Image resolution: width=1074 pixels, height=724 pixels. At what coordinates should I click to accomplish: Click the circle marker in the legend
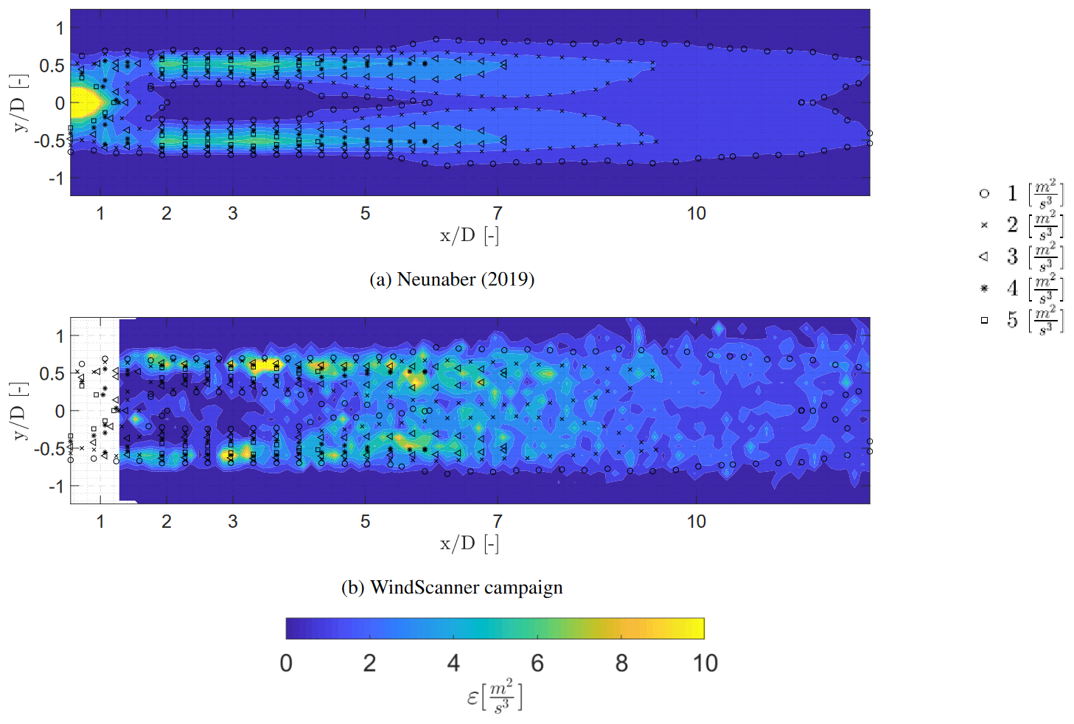click(x=984, y=193)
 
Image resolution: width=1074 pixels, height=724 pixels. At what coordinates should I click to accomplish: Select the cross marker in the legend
click(x=984, y=225)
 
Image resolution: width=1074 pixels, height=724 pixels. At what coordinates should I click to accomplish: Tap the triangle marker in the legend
click(x=984, y=257)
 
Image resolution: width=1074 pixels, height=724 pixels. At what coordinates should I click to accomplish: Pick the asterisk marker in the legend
click(x=984, y=288)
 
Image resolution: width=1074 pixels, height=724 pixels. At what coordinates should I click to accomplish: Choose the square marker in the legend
click(x=984, y=320)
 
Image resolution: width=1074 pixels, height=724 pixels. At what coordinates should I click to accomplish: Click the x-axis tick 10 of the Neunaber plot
click(x=697, y=214)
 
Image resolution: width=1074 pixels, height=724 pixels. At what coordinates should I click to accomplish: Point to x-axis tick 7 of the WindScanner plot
click(x=498, y=522)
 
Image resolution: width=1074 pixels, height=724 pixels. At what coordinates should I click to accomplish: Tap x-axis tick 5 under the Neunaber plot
click(x=365, y=214)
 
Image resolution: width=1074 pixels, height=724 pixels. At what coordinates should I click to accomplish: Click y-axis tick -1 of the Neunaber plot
click(x=56, y=178)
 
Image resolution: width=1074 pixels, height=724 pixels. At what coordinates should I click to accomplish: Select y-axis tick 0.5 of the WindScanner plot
click(x=52, y=374)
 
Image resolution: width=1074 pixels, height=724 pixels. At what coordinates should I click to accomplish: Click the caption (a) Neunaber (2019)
click(x=452, y=279)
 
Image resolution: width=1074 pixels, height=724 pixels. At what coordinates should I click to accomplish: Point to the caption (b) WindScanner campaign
click(x=452, y=588)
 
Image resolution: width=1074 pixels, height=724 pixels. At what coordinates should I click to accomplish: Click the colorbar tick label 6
click(x=537, y=664)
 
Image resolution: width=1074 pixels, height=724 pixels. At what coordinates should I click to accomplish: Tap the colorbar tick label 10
click(x=705, y=664)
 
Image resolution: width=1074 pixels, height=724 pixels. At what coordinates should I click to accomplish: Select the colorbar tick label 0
click(x=286, y=664)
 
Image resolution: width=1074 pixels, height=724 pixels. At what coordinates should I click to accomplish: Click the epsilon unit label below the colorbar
click(x=495, y=697)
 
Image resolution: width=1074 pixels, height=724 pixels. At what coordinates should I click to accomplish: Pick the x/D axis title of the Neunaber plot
click(x=470, y=236)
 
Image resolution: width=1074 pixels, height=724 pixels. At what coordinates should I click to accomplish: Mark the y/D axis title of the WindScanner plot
click(x=20, y=411)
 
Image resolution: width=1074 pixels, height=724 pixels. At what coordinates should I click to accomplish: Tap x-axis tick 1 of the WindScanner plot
click(x=100, y=522)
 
